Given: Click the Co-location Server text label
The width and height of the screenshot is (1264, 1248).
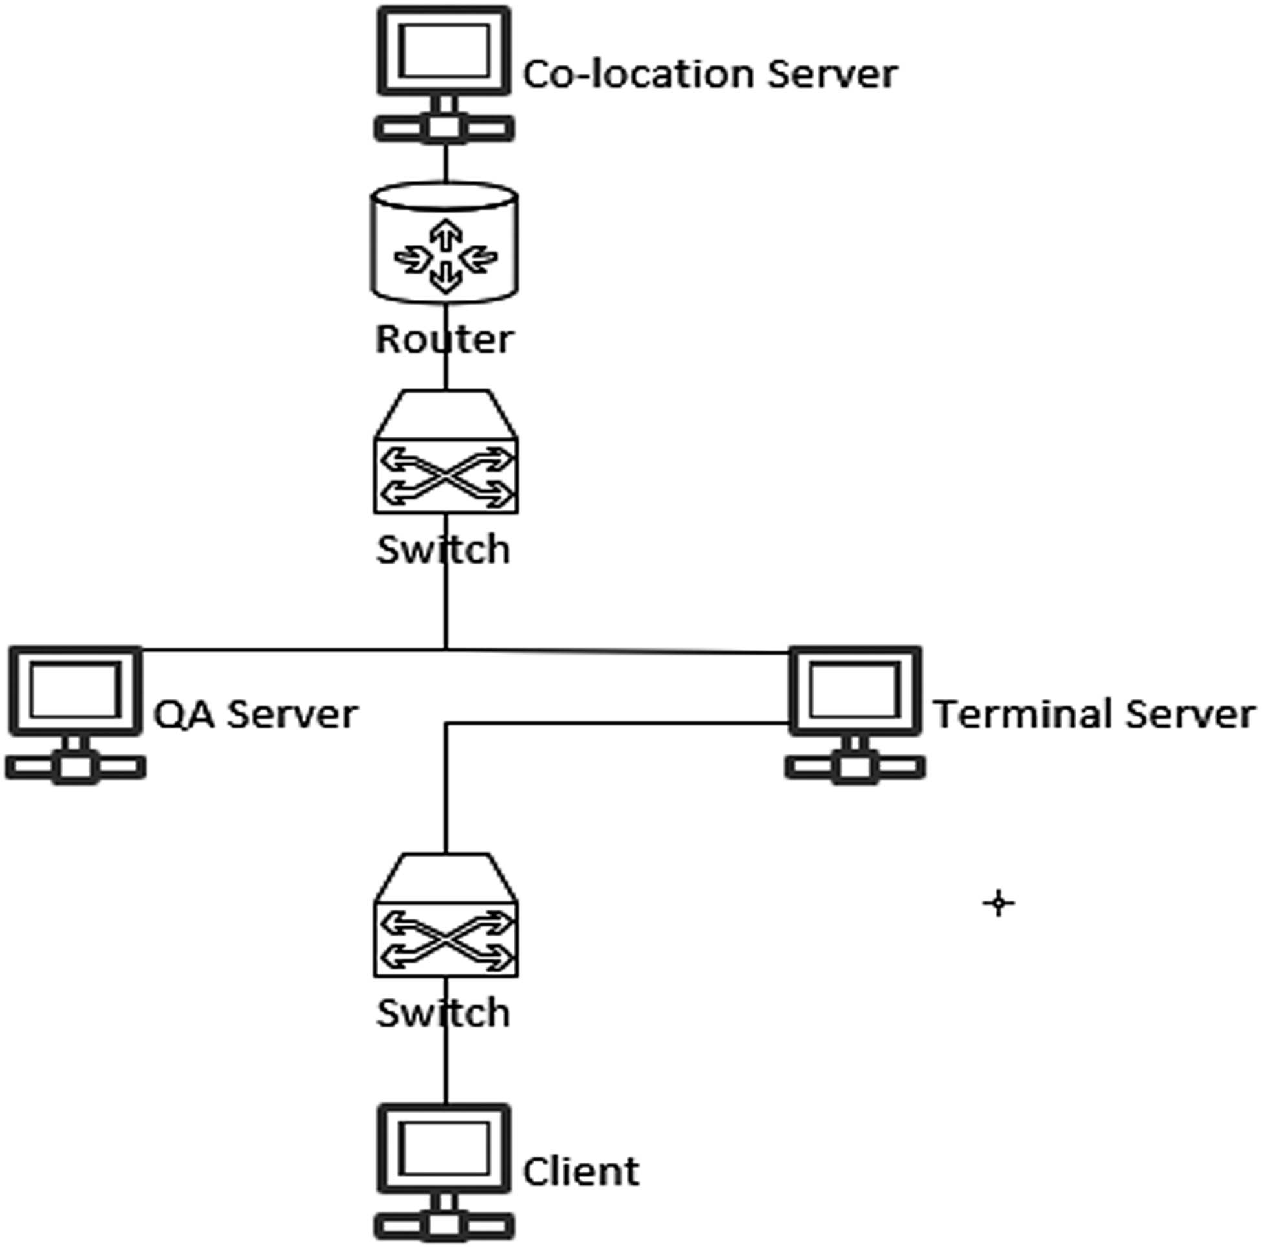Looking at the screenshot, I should [710, 74].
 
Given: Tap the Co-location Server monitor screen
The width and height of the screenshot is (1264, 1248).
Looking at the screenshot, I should [445, 51].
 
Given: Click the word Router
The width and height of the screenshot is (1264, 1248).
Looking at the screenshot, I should [445, 340].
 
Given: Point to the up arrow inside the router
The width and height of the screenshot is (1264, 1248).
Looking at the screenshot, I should [446, 234].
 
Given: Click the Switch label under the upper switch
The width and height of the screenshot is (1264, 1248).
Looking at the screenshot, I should [444, 550].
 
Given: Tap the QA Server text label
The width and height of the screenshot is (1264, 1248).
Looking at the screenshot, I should [255, 714].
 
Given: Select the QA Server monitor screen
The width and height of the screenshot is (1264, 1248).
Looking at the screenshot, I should [75, 691].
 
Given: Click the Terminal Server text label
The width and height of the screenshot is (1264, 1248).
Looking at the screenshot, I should [1094, 714].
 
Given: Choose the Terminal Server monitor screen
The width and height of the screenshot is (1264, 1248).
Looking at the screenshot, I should [855, 691].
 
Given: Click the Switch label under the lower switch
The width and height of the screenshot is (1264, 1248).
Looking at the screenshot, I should [444, 1013].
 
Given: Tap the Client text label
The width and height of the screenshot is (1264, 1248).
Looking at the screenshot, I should [581, 1172].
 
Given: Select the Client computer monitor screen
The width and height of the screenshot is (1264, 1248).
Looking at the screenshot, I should [445, 1148].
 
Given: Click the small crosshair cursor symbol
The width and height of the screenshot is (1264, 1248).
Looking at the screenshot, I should [998, 904].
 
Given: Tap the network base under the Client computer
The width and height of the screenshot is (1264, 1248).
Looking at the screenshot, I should [445, 1226].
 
